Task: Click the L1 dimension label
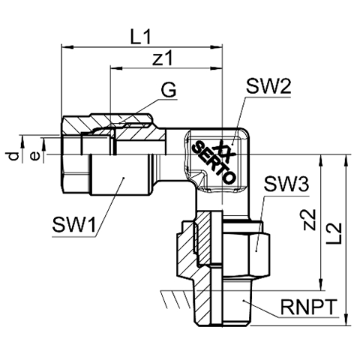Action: [x=141, y=37]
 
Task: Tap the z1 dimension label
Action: [x=163, y=58]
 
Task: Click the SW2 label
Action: [x=268, y=86]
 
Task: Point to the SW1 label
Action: [x=74, y=224]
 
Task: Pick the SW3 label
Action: [x=286, y=184]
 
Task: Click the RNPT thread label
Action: [x=307, y=307]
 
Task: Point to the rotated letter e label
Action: [x=34, y=157]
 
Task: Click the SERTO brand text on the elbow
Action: [x=214, y=162]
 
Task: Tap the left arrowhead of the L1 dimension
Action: [x=67, y=46]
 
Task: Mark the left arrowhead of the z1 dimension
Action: [x=116, y=67]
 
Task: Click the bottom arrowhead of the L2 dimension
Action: [x=346, y=319]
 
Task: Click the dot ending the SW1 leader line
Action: [x=123, y=178]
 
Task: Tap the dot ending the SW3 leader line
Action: [x=256, y=250]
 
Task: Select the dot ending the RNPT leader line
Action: [x=243, y=300]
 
